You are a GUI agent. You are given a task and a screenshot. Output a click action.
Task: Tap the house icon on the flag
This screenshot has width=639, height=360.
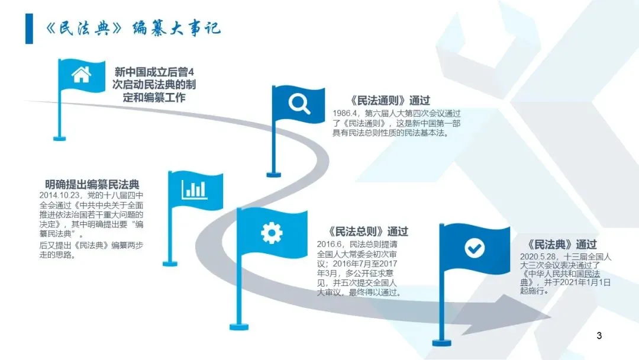click(x=80, y=74)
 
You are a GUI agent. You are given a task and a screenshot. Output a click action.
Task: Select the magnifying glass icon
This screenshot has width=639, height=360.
click(x=299, y=104)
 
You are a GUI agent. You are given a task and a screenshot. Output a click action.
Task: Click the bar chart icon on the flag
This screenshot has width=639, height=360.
click(x=195, y=189)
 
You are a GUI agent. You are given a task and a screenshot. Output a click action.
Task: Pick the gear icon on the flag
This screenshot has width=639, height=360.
click(x=272, y=232)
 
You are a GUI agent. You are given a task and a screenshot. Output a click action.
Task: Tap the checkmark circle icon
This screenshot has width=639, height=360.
click(x=474, y=248)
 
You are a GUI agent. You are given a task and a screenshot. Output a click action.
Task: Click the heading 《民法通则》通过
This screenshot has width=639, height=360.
click(x=390, y=101)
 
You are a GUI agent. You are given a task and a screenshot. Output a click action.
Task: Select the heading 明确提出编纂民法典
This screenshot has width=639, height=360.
click(x=93, y=184)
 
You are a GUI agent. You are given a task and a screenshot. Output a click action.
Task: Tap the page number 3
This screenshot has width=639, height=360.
click(x=599, y=336)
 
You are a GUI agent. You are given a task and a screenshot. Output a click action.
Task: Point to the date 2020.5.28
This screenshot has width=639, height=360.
click(x=534, y=255)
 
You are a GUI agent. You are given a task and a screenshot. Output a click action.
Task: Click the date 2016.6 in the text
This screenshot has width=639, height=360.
click(x=330, y=244)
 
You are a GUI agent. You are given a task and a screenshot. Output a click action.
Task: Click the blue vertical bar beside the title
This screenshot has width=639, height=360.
click(x=29, y=28)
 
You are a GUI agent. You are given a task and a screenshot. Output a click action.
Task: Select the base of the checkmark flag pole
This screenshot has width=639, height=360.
click(x=441, y=342)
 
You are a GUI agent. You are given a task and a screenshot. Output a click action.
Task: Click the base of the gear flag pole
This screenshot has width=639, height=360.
click(x=239, y=326)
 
